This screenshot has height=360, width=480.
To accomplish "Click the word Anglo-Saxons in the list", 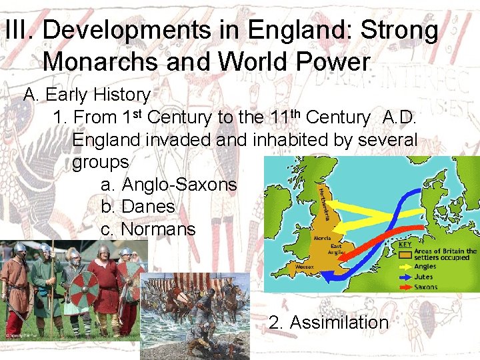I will tap(179, 184).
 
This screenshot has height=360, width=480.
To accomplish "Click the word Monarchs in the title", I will tap(101, 62).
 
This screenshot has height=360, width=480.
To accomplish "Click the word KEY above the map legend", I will tap(405, 245).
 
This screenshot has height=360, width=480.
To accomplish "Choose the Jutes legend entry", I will tap(423, 277).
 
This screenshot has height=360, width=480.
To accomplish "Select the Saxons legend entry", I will tap(426, 287).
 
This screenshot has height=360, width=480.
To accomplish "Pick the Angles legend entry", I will tap(425, 267).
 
